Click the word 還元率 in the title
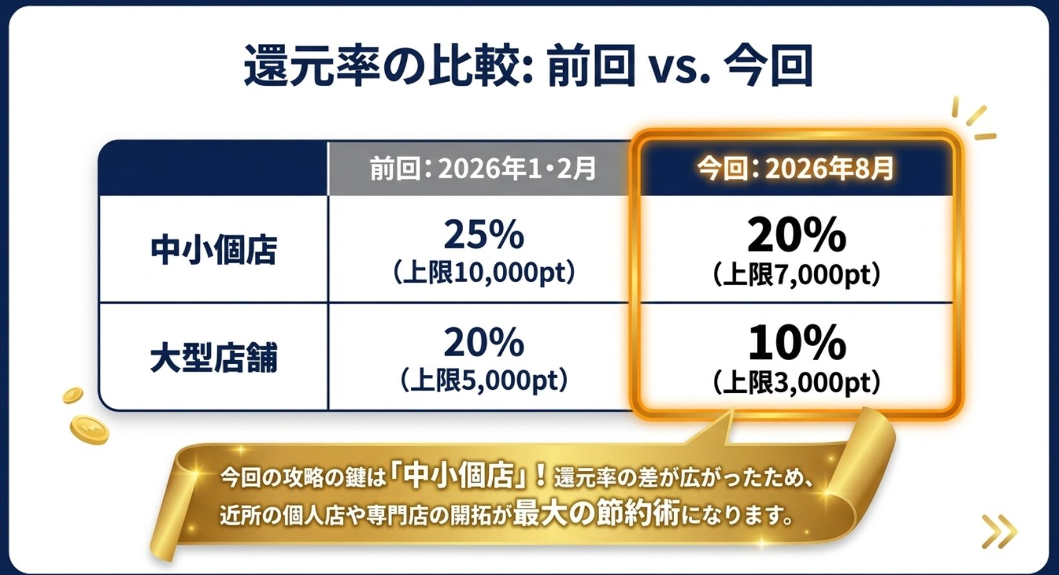pyautogui.click(x=312, y=66)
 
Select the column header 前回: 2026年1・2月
pyautogui.click(x=482, y=169)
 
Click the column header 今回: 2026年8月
pyautogui.click(x=796, y=169)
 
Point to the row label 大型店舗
pyautogui.click(x=213, y=358)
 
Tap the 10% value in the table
pyautogui.click(x=797, y=343)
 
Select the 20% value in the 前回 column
pyautogui.click(x=484, y=343)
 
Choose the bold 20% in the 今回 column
pyautogui.click(x=797, y=235)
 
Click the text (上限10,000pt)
pyautogui.click(x=484, y=273)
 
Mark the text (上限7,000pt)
pyautogui.click(x=797, y=275)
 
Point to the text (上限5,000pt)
pyautogui.click(x=484, y=381)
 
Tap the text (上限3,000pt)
pyautogui.click(x=797, y=383)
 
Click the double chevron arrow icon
pyautogui.click(x=999, y=531)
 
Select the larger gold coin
pyautogui.click(x=90, y=430)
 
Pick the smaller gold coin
pyautogui.click(x=73, y=395)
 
